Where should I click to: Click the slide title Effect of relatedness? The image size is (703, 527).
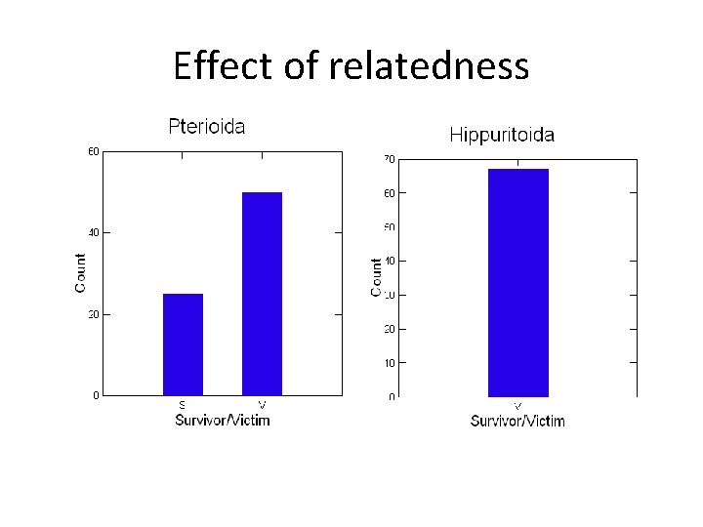[351, 66]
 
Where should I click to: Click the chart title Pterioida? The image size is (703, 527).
[206, 126]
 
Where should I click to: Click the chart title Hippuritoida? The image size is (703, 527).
[502, 135]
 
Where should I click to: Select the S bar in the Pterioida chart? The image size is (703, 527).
[183, 345]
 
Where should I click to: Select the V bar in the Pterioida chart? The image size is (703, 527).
[262, 294]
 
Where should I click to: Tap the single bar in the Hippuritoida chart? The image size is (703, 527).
[517, 283]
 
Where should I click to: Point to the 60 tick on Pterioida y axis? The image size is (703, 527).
[93, 151]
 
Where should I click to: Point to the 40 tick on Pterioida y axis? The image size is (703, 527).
[93, 232]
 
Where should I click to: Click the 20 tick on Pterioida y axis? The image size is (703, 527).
[93, 314]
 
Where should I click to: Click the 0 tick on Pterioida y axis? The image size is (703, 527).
[95, 395]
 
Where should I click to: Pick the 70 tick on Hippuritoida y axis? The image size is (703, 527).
[389, 159]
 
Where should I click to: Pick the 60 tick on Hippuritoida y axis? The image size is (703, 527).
[389, 193]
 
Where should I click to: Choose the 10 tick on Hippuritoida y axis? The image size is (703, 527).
[389, 363]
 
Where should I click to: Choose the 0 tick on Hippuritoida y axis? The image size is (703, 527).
[391, 397]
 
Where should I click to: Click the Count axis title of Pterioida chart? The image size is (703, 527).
[80, 272]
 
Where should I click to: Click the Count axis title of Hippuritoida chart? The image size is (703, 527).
[376, 277]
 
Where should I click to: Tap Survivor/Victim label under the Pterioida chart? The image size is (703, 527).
[222, 420]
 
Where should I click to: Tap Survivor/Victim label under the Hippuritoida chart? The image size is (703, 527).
[517, 421]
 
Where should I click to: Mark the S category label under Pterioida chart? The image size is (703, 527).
[182, 405]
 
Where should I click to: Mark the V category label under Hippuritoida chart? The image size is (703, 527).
[517, 406]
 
